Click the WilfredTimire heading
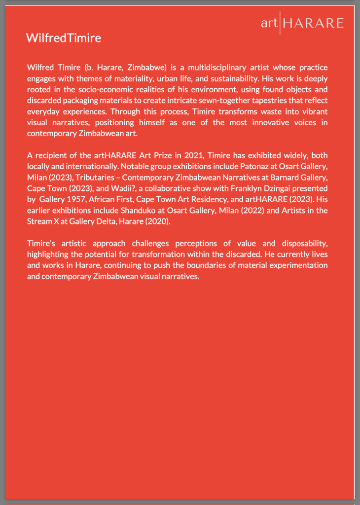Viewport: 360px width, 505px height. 64,38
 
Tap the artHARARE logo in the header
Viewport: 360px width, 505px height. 302,23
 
